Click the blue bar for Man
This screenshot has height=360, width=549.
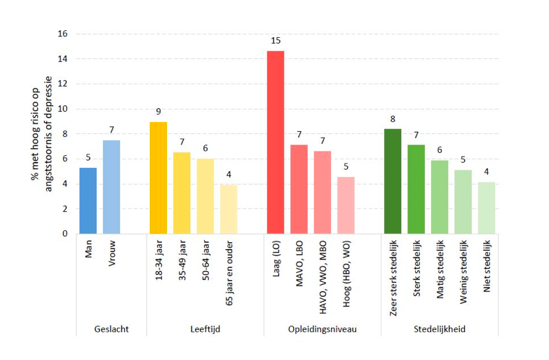pos(88,201)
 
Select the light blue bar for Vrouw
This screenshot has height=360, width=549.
pos(112,187)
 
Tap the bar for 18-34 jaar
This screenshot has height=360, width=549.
pos(158,178)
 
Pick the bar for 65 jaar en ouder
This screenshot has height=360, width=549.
pos(229,209)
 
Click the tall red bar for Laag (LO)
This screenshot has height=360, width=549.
pos(276,142)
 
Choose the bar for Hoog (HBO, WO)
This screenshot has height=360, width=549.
pos(346,205)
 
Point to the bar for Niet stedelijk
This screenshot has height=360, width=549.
pos(486,208)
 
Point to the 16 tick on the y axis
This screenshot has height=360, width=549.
pos(63,34)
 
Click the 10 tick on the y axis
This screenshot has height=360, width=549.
pos(63,109)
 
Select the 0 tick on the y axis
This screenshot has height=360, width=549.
pos(65,234)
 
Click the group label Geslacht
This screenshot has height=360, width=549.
pos(111,328)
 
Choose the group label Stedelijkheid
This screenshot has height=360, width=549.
pos(439,328)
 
